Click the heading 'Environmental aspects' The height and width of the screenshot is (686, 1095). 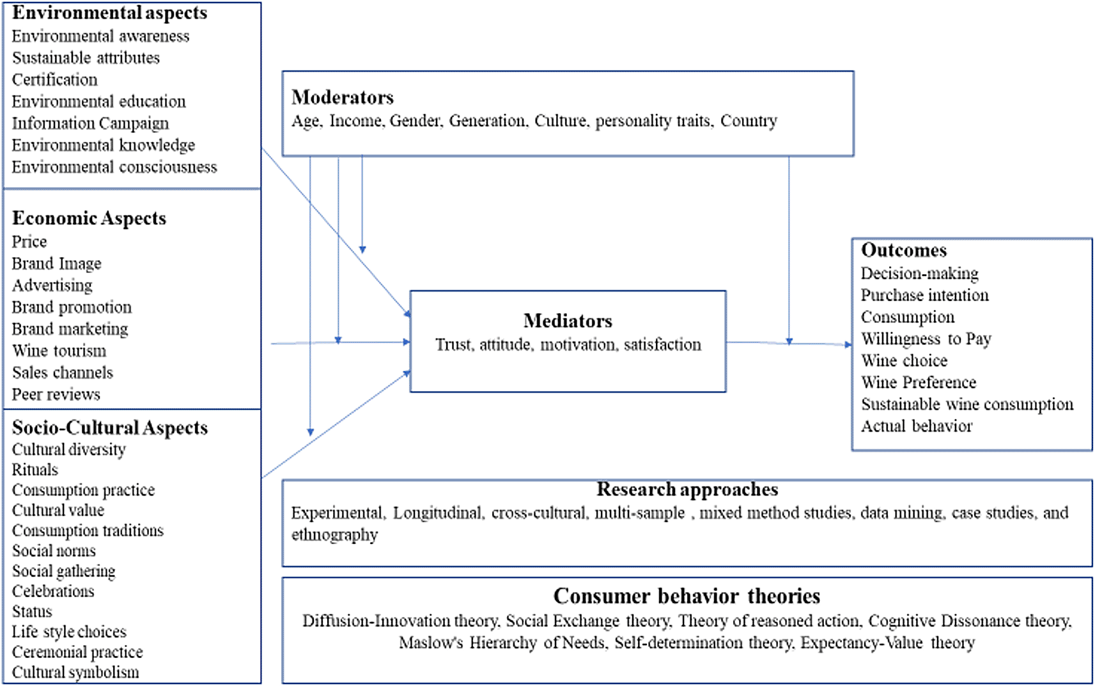tap(109, 13)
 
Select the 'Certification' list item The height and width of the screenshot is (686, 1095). tap(55, 80)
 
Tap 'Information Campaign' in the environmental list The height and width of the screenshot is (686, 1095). tap(90, 123)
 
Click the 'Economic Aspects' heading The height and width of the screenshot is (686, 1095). tap(89, 218)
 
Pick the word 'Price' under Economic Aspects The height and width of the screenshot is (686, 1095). tap(29, 242)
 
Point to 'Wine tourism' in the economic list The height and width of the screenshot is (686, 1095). tap(59, 351)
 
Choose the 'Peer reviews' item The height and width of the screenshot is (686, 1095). tap(56, 394)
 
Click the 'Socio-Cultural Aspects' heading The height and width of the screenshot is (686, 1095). tap(110, 428)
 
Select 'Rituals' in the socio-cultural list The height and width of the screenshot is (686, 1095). tap(35, 470)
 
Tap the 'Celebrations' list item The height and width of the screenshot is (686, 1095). tap(53, 591)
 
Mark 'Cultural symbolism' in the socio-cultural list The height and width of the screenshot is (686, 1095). tap(76, 673)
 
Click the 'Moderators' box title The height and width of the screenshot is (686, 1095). tap(343, 97)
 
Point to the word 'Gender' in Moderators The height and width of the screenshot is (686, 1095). tap(416, 121)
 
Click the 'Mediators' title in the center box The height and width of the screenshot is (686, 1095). tap(568, 321)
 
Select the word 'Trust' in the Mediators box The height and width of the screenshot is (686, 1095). tap(454, 345)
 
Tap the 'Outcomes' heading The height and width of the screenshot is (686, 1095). tap(904, 251)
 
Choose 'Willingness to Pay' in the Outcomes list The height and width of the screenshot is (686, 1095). tap(926, 339)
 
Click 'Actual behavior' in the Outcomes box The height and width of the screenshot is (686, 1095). tap(917, 426)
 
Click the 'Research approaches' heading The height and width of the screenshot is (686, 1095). tap(687, 490)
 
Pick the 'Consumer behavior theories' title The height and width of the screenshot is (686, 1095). tap(687, 596)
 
